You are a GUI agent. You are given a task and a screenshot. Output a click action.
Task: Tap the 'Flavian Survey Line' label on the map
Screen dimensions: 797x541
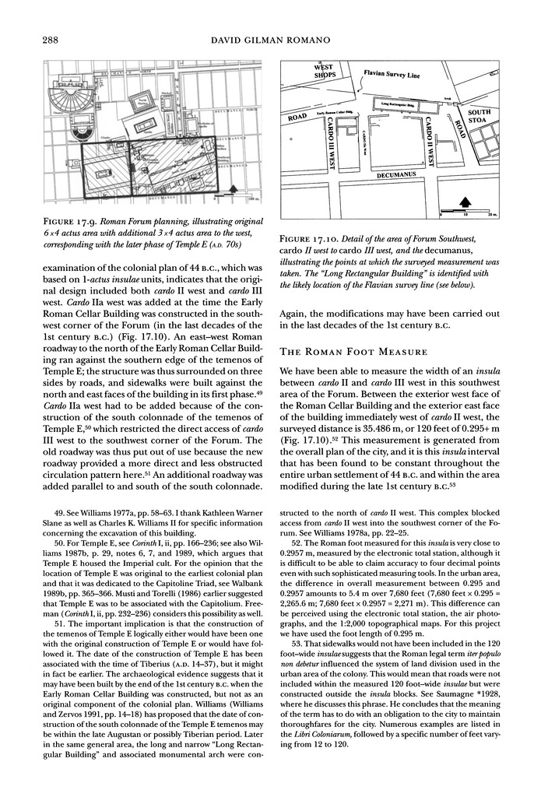coord(392,76)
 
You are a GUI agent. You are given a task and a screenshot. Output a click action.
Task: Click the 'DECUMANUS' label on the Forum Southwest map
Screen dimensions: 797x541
coord(399,176)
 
